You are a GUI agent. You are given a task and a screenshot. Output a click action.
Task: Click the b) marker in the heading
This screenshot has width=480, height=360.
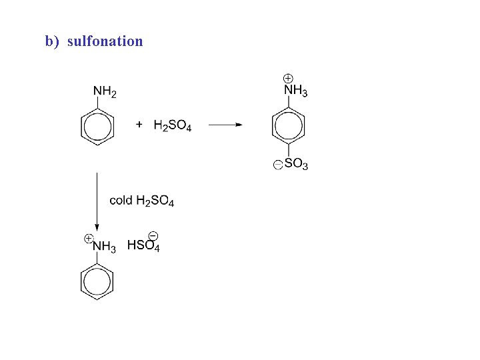(x=53, y=41)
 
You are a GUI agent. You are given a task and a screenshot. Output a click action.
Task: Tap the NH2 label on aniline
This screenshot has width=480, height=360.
(x=105, y=91)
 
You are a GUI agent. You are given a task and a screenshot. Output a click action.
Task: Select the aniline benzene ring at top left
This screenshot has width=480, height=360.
(x=97, y=126)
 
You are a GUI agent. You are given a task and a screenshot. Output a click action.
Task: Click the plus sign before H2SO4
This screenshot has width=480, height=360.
(x=139, y=124)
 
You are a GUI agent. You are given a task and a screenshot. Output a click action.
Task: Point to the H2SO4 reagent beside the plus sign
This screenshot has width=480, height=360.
(x=172, y=125)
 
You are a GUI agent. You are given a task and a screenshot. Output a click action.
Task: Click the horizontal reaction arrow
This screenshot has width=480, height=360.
(x=225, y=125)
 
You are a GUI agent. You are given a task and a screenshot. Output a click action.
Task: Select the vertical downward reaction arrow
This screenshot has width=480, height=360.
(x=97, y=200)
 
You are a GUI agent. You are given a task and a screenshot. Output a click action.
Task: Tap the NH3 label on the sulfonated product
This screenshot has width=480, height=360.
(x=295, y=91)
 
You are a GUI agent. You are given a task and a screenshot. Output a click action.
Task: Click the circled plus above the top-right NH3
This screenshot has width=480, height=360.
(x=288, y=78)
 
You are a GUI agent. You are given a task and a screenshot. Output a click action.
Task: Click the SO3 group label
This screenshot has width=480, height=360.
(x=296, y=164)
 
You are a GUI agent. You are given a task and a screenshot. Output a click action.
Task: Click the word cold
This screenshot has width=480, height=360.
(x=121, y=200)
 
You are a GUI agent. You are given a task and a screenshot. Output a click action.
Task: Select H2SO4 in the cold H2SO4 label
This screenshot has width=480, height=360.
(x=155, y=201)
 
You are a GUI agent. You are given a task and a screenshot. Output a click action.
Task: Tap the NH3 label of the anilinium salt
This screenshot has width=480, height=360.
(x=104, y=247)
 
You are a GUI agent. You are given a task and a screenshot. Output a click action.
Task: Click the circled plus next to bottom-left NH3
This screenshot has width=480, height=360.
(x=87, y=238)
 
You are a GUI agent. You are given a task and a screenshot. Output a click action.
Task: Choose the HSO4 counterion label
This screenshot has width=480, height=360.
(x=143, y=246)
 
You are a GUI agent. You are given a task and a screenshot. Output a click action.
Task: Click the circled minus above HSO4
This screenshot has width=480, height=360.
(x=153, y=235)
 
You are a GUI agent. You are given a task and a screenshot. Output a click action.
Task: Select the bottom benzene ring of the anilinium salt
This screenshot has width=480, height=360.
(x=97, y=282)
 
